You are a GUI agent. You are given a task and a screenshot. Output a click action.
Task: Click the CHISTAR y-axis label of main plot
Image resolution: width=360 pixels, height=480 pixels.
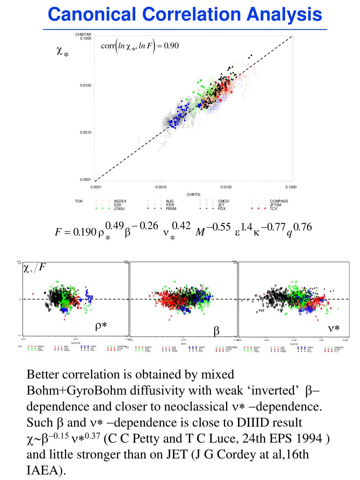83,34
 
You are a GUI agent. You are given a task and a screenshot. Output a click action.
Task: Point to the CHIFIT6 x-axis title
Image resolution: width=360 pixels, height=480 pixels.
193,194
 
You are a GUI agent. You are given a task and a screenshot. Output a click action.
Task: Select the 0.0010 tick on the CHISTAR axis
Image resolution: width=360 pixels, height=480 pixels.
85,133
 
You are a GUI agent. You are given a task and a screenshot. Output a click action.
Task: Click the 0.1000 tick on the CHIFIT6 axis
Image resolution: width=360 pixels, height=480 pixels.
291,187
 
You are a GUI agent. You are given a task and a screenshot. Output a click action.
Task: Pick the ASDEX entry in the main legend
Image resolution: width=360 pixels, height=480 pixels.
120,201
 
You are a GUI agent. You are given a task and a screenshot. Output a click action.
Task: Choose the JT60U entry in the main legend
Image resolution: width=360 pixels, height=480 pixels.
120,209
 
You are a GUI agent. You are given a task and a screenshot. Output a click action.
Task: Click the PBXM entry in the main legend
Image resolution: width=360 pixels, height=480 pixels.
171,209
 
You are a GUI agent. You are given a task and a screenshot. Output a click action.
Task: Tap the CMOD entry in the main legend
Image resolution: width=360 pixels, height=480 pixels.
223,201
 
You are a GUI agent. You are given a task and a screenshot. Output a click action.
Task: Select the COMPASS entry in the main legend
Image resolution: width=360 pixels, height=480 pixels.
279,201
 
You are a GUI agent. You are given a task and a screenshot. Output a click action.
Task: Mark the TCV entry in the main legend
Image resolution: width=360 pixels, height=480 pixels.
274,209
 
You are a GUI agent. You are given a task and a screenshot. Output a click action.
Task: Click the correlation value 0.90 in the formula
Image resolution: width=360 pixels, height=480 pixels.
171,46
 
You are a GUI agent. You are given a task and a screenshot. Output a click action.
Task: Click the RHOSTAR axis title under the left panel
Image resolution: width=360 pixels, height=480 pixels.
76,343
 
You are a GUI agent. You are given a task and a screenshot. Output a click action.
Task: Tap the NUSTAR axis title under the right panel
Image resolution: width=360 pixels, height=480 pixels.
294,344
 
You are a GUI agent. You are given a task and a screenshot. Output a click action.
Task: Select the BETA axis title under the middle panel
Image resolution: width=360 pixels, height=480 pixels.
184,344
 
